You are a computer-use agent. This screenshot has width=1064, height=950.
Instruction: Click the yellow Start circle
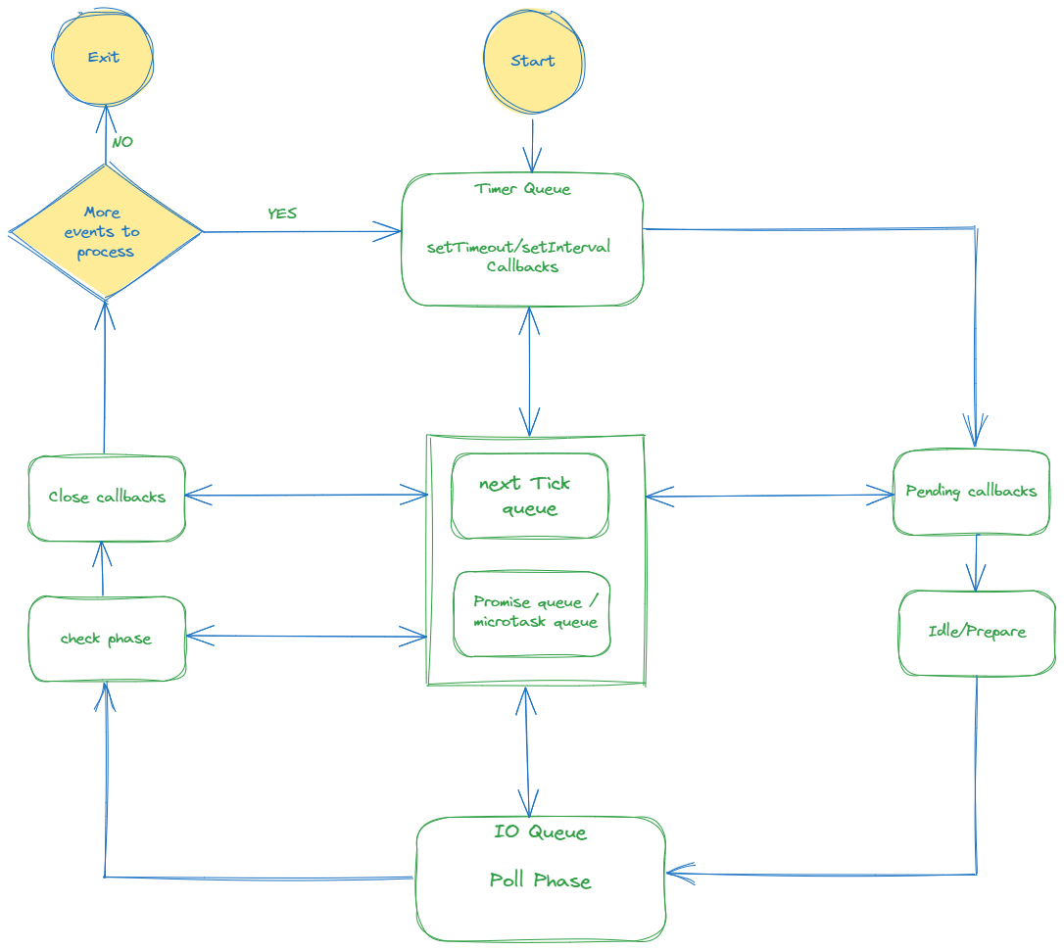(x=532, y=62)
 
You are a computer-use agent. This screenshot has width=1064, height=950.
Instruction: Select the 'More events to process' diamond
(x=105, y=232)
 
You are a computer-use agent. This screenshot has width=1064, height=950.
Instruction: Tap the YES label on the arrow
(x=282, y=213)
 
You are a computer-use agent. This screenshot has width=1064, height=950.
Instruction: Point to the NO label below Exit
(x=122, y=142)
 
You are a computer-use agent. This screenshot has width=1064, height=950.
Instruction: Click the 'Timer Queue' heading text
(x=522, y=189)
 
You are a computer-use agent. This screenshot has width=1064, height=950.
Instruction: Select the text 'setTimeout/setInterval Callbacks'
(x=519, y=257)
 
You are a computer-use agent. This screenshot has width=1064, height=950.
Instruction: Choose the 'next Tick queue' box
(x=529, y=496)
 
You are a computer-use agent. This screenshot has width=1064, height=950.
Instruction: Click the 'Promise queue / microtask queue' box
(x=532, y=613)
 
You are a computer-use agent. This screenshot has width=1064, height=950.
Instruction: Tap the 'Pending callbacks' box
(x=971, y=492)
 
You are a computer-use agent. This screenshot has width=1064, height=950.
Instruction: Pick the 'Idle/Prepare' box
(x=977, y=632)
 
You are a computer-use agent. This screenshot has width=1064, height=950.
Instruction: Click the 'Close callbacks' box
(x=107, y=498)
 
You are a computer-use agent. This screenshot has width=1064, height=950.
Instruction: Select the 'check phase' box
(x=107, y=639)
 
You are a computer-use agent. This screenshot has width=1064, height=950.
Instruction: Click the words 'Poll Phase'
(x=540, y=880)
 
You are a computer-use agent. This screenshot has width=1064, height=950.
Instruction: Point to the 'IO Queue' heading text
(x=540, y=832)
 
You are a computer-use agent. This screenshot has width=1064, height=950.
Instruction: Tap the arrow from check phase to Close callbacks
(x=104, y=569)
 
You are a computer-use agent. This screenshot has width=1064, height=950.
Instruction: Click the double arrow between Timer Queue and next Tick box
(x=530, y=370)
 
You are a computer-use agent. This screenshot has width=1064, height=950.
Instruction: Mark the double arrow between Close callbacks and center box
(x=307, y=496)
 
